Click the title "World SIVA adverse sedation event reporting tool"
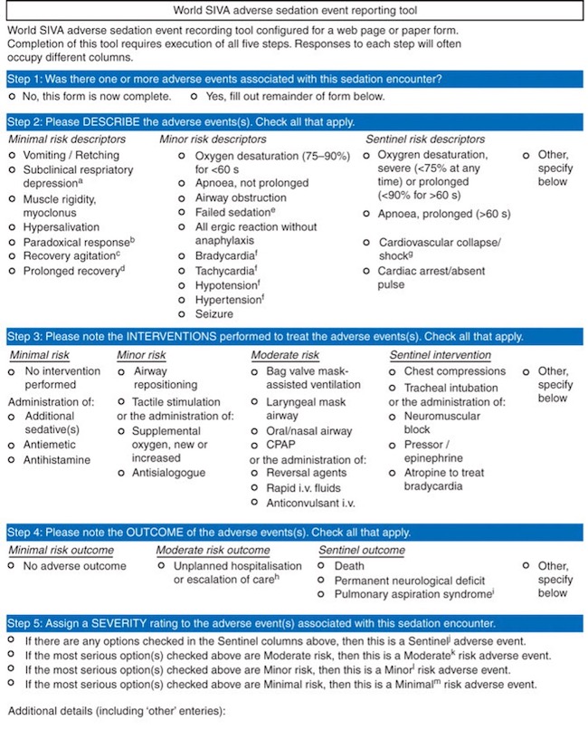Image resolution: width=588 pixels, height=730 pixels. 293,10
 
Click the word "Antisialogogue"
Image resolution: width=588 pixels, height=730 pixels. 168,472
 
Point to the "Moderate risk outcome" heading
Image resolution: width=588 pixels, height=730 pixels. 213,550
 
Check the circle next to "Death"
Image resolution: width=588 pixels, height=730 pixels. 324,566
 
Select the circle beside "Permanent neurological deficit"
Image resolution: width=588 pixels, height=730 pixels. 324,581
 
